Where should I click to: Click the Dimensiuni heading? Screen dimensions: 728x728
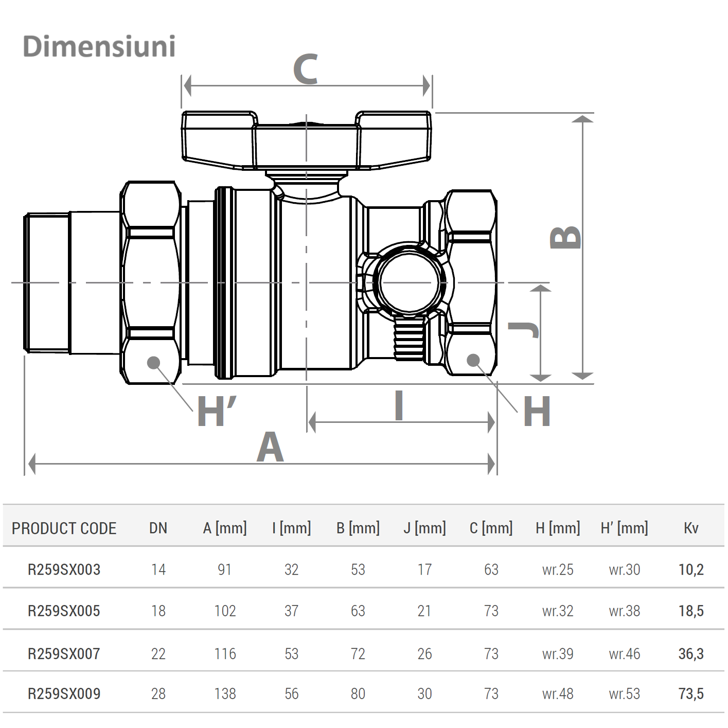point(99,46)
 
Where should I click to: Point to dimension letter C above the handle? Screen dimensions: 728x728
point(305,69)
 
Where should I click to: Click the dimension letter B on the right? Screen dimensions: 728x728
point(565,237)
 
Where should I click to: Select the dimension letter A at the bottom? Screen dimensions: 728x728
point(270,447)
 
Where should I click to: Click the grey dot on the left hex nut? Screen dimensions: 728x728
point(153,363)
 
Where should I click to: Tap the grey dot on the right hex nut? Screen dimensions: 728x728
point(473,360)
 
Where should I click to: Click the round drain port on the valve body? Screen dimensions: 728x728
point(410,282)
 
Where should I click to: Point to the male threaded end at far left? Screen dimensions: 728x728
point(47,282)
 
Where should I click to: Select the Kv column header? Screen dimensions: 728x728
point(691,528)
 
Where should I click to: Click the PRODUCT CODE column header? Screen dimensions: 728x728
point(64,528)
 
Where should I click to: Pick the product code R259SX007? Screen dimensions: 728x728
point(64,653)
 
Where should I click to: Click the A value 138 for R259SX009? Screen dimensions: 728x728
point(225,694)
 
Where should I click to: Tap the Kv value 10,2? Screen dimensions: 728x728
point(691,570)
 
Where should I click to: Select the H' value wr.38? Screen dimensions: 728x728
point(625,611)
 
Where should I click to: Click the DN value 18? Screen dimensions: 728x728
point(158,611)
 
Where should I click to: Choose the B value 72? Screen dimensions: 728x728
point(358,653)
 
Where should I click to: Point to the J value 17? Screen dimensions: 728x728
point(424,570)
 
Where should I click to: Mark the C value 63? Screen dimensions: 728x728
point(491,570)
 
